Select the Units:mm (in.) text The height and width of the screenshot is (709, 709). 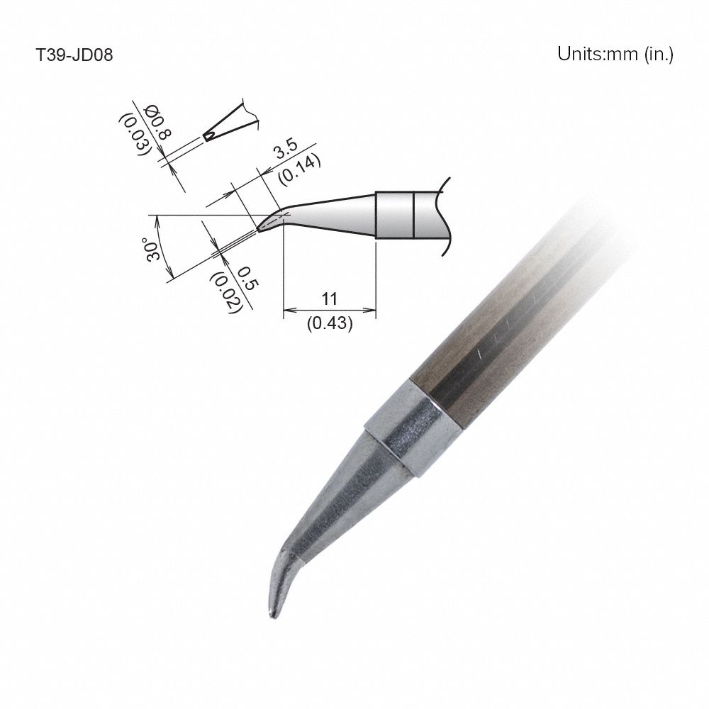pos(615,55)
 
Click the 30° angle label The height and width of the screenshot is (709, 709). pos(151,250)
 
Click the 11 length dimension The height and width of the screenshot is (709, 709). pos(329,297)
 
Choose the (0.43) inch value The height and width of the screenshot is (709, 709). pos(330,323)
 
